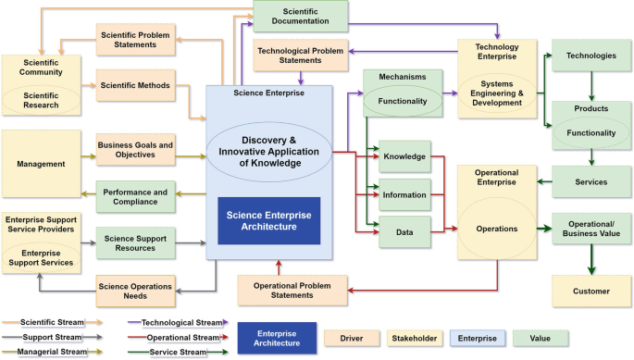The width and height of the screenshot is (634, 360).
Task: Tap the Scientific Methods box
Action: (135, 86)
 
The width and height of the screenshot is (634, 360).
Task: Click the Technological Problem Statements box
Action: (302, 55)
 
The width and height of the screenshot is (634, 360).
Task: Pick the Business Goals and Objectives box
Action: (135, 150)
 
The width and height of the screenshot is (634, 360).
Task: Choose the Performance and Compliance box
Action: (135, 195)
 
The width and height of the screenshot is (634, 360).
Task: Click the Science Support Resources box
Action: (135, 244)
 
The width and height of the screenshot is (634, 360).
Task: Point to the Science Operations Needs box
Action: (135, 291)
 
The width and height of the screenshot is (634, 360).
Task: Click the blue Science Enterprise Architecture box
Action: (269, 221)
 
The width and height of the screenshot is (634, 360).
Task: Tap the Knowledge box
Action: (404, 157)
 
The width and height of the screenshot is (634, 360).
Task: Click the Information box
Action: (404, 194)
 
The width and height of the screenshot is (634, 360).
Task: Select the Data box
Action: (404, 233)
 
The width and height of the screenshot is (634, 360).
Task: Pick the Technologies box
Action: (591, 56)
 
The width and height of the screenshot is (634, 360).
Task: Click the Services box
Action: (591, 182)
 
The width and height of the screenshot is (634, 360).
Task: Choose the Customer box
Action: (591, 292)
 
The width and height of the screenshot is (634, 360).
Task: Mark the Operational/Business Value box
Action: (591, 229)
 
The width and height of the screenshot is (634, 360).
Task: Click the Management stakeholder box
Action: (41, 164)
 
